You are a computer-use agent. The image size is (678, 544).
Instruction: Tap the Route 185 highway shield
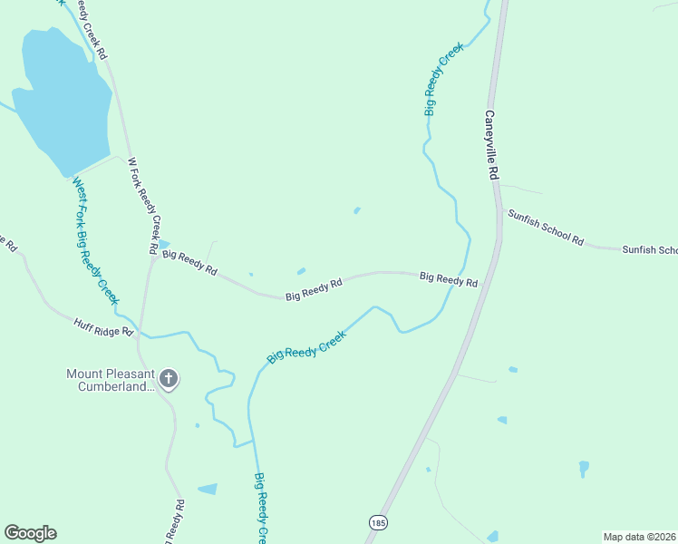377,522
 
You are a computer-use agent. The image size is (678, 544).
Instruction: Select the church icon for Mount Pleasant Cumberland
168,379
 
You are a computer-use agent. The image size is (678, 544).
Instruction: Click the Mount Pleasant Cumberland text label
110,379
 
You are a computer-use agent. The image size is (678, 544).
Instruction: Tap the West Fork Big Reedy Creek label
95,240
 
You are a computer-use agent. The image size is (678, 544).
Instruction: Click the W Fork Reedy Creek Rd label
144,205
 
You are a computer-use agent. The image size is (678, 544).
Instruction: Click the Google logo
30,533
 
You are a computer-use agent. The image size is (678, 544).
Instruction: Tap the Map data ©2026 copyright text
639,536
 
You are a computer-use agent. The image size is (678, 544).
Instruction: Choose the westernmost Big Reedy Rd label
190,263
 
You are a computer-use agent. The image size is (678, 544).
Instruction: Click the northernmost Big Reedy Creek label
443,78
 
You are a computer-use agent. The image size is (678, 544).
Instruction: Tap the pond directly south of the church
208,489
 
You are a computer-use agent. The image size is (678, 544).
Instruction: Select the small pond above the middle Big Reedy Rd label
301,270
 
